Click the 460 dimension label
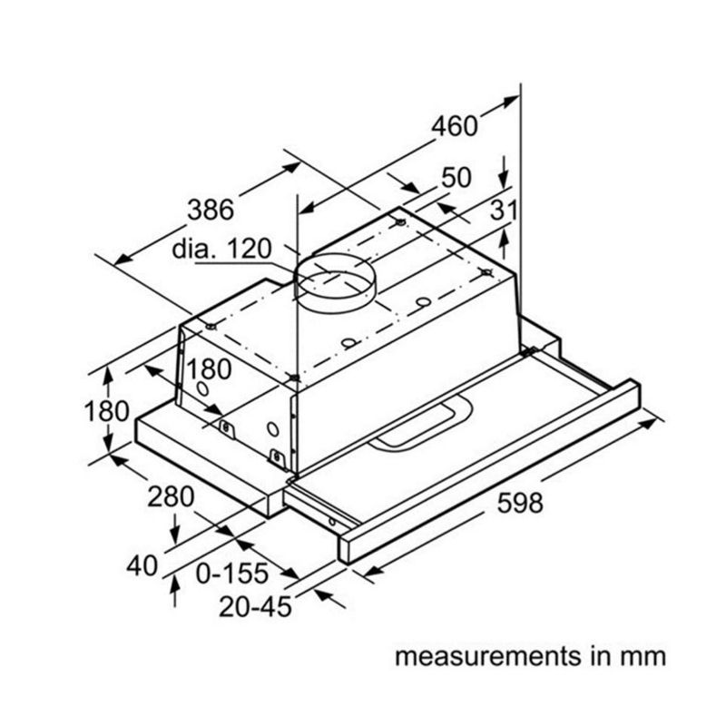pos(454,125)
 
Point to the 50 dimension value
pos(456,177)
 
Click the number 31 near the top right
pos(503,210)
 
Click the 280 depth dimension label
pos(171,496)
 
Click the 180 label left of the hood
pos(107,411)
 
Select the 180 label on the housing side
pos(210,369)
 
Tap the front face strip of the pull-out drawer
pos(490,472)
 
